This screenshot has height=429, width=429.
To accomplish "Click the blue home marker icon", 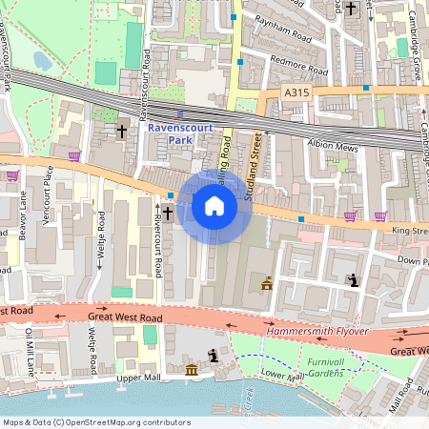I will click(x=214, y=206).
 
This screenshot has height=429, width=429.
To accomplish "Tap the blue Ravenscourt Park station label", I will click(x=168, y=133).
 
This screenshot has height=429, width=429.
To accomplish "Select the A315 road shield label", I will click(x=298, y=92).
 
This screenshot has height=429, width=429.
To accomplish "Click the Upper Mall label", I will click(x=134, y=378).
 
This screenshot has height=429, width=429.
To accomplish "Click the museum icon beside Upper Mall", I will click(x=192, y=369).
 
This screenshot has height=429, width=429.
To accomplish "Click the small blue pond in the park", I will click(x=42, y=60).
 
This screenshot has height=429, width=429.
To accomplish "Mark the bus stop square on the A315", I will click(x=365, y=88).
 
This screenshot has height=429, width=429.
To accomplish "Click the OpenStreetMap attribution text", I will click(x=83, y=421).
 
